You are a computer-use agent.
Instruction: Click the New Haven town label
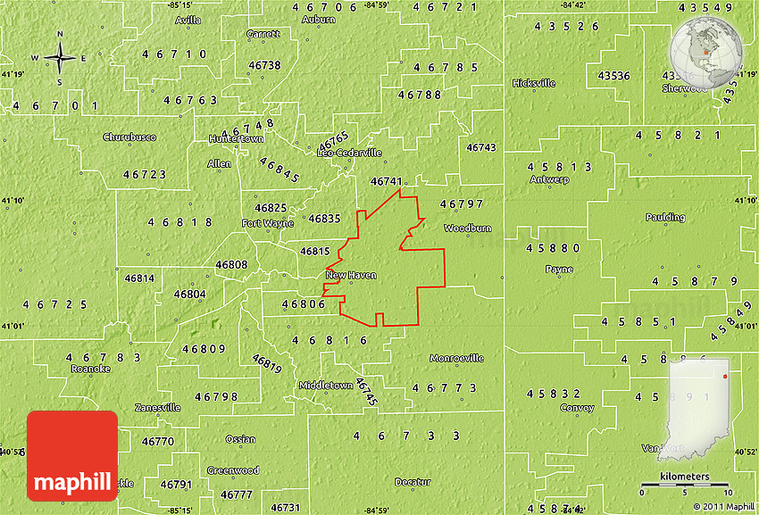(351, 275)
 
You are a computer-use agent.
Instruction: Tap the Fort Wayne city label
(268, 223)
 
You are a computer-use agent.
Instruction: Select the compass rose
(60, 59)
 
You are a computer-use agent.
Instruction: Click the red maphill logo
(72, 455)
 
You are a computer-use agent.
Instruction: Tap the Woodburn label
(468, 228)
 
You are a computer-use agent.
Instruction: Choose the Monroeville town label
(456, 358)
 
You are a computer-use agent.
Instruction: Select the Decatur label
(413, 482)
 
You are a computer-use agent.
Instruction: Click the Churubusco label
(129, 137)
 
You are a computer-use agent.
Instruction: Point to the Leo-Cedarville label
(350, 153)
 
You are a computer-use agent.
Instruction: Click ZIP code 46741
(386, 181)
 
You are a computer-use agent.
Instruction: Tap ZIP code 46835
(324, 218)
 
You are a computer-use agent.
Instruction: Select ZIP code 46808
(231, 264)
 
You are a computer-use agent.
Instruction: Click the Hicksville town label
(534, 83)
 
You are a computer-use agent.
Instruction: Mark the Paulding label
(665, 217)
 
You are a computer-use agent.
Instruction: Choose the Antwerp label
(549, 179)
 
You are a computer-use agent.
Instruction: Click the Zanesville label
(158, 407)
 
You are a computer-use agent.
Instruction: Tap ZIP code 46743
(480, 147)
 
